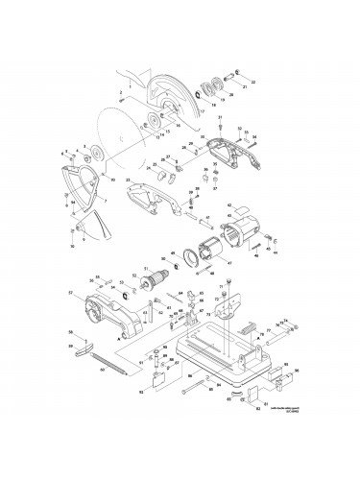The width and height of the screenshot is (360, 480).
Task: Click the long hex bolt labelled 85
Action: pyautogui.click(x=201, y=386)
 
